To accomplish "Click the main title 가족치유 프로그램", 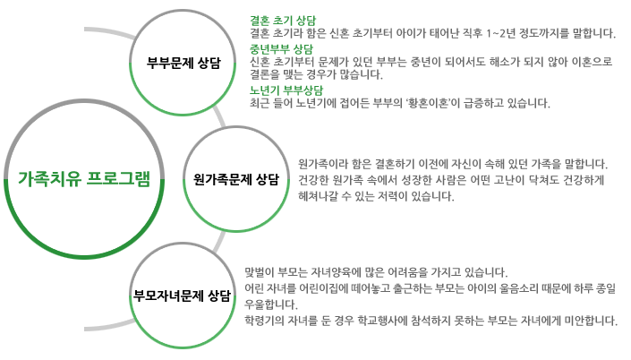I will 84,177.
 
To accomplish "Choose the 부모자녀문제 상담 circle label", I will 183,295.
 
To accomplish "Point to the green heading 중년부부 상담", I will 281,48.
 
